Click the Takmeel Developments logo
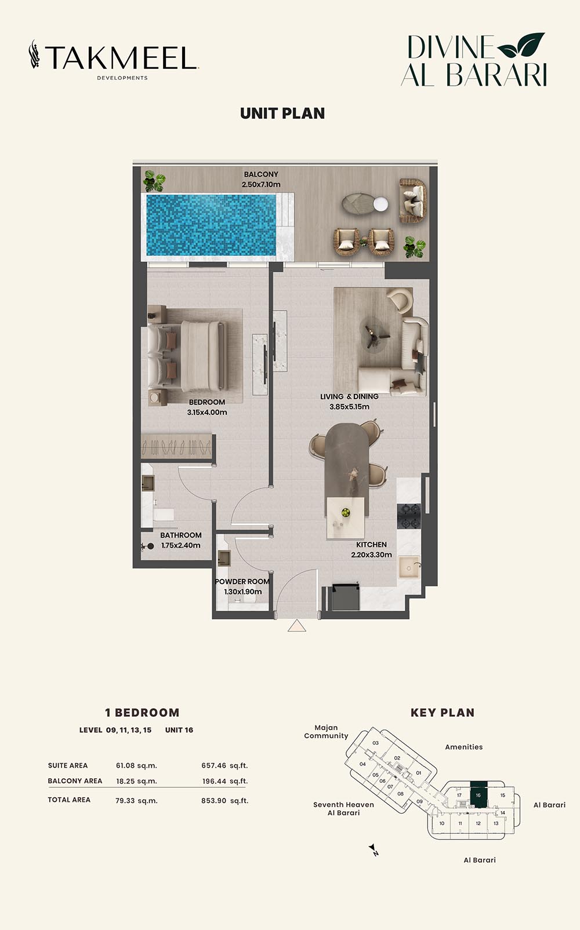pyautogui.click(x=114, y=60)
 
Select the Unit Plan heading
pyautogui.click(x=282, y=114)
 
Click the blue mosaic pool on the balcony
pyautogui.click(x=211, y=225)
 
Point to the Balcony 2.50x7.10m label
pyautogui.click(x=261, y=180)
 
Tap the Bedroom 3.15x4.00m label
pyautogui.click(x=207, y=407)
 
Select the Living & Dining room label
pyautogui.click(x=349, y=402)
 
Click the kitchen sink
pyautogui.click(x=409, y=567)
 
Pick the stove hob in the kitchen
pyautogui.click(x=409, y=516)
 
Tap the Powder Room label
pyautogui.click(x=242, y=586)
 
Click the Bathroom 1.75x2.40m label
pyautogui.click(x=181, y=540)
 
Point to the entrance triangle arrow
pyautogui.click(x=296, y=625)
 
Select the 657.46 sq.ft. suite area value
pyautogui.click(x=224, y=765)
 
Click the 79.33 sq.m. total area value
pyautogui.click(x=136, y=800)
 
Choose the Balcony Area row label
pyautogui.click(x=75, y=781)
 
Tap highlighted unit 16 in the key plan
pyautogui.click(x=478, y=794)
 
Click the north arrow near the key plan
pyautogui.click(x=374, y=850)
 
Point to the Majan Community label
pyautogui.click(x=326, y=732)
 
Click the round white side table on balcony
pyautogui.click(x=380, y=204)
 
